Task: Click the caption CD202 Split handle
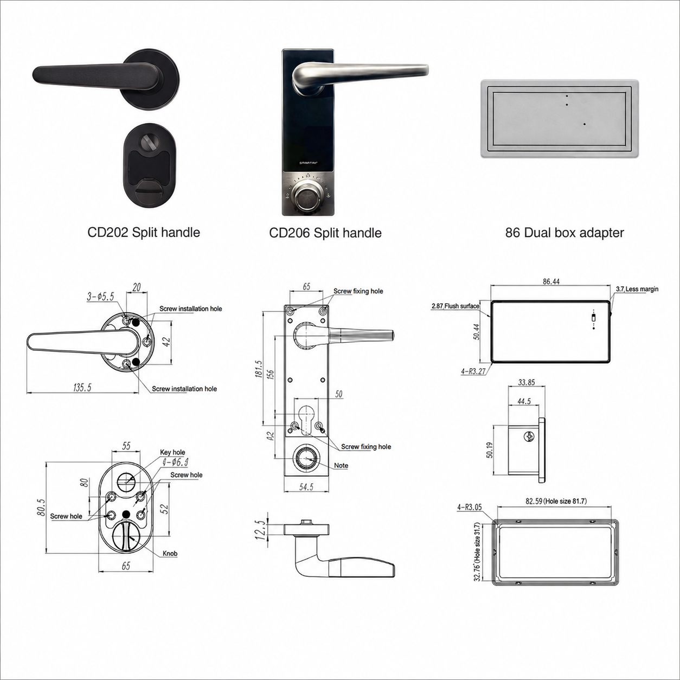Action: click(144, 233)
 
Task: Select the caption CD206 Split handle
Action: click(325, 233)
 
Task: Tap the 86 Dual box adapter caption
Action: click(564, 233)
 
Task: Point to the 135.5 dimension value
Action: click(82, 388)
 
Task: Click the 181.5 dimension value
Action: click(259, 369)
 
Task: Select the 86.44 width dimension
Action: click(551, 281)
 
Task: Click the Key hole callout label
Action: click(172, 452)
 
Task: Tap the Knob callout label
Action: click(170, 554)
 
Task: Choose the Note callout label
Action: click(341, 465)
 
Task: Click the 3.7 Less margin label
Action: click(637, 289)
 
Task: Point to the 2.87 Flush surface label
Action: click(455, 306)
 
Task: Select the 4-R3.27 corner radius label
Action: click(473, 371)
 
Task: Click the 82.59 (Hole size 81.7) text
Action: click(556, 501)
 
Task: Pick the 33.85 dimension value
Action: click(527, 382)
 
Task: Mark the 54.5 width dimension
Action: click(306, 487)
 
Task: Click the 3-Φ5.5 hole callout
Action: click(100, 297)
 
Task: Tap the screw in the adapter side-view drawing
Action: click(529, 436)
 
